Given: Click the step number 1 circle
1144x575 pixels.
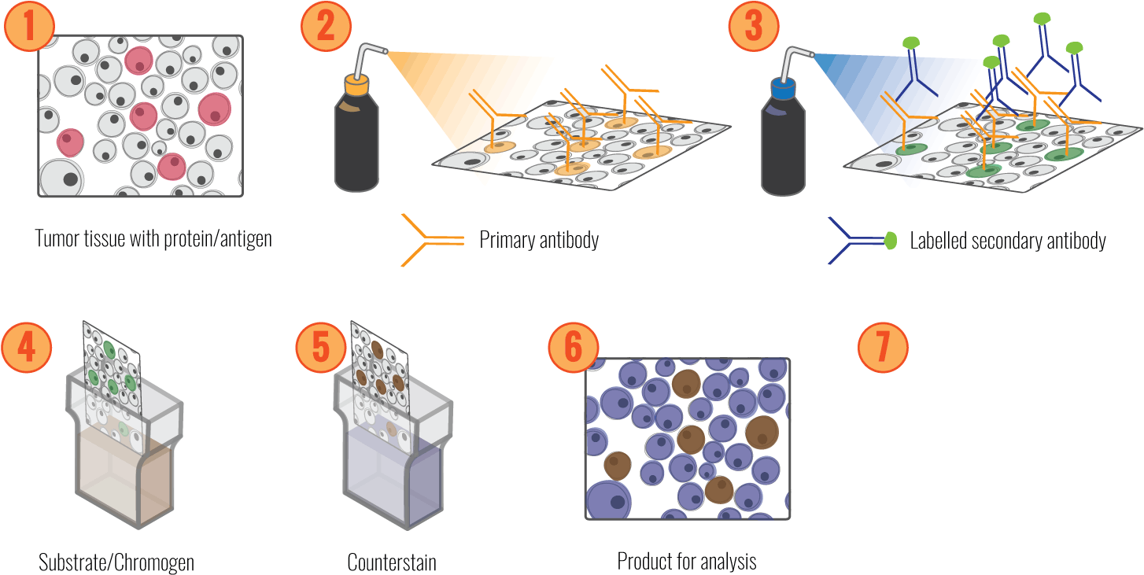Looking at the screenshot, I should tap(29, 25).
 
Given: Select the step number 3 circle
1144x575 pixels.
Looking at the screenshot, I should tap(753, 25).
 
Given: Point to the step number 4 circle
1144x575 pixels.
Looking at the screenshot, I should tap(27, 348).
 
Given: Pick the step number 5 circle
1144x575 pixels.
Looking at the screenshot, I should tap(321, 348).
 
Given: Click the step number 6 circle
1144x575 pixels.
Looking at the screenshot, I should tap(573, 348).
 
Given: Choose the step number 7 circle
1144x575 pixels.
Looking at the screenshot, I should tap(882, 348).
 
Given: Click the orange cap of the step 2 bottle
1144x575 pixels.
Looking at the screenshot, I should tap(357, 83).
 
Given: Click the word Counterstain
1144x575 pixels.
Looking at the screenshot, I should tap(392, 562).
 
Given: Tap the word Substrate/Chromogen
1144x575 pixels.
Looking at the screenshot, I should tap(116, 562).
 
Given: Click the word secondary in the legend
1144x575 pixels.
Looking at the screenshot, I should tap(1007, 241).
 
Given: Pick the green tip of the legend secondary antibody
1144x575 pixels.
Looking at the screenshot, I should tap(891, 241).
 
